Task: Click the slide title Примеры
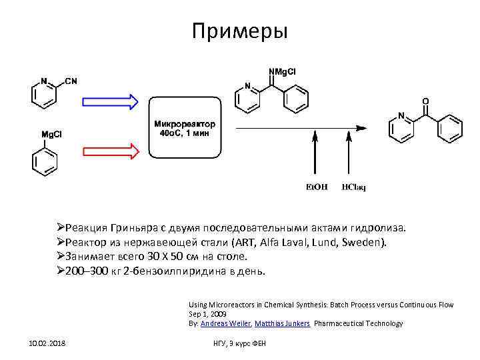239,31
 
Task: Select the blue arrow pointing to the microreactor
110,101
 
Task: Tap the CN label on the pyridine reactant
71,81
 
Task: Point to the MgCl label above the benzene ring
52,134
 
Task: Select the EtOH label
316,187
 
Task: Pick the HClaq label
354,187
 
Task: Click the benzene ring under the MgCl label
44,161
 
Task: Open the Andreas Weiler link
219,323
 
